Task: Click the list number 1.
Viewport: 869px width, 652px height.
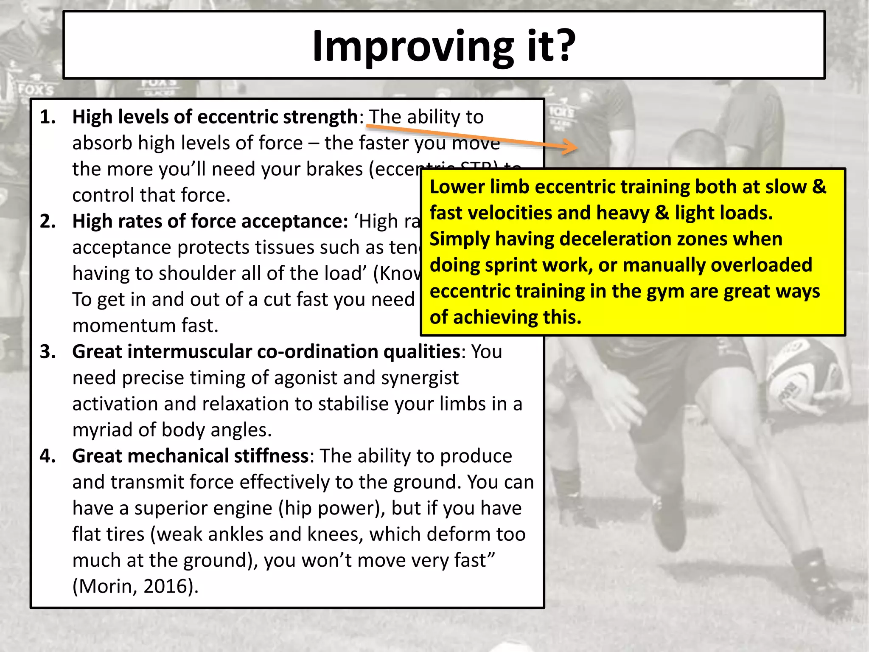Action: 48,117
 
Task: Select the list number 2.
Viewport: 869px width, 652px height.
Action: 48,221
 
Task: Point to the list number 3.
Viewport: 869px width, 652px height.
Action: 48,351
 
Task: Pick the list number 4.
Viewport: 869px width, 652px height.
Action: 48,456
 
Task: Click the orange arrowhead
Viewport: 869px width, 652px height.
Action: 571,147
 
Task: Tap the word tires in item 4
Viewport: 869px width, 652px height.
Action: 126,534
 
